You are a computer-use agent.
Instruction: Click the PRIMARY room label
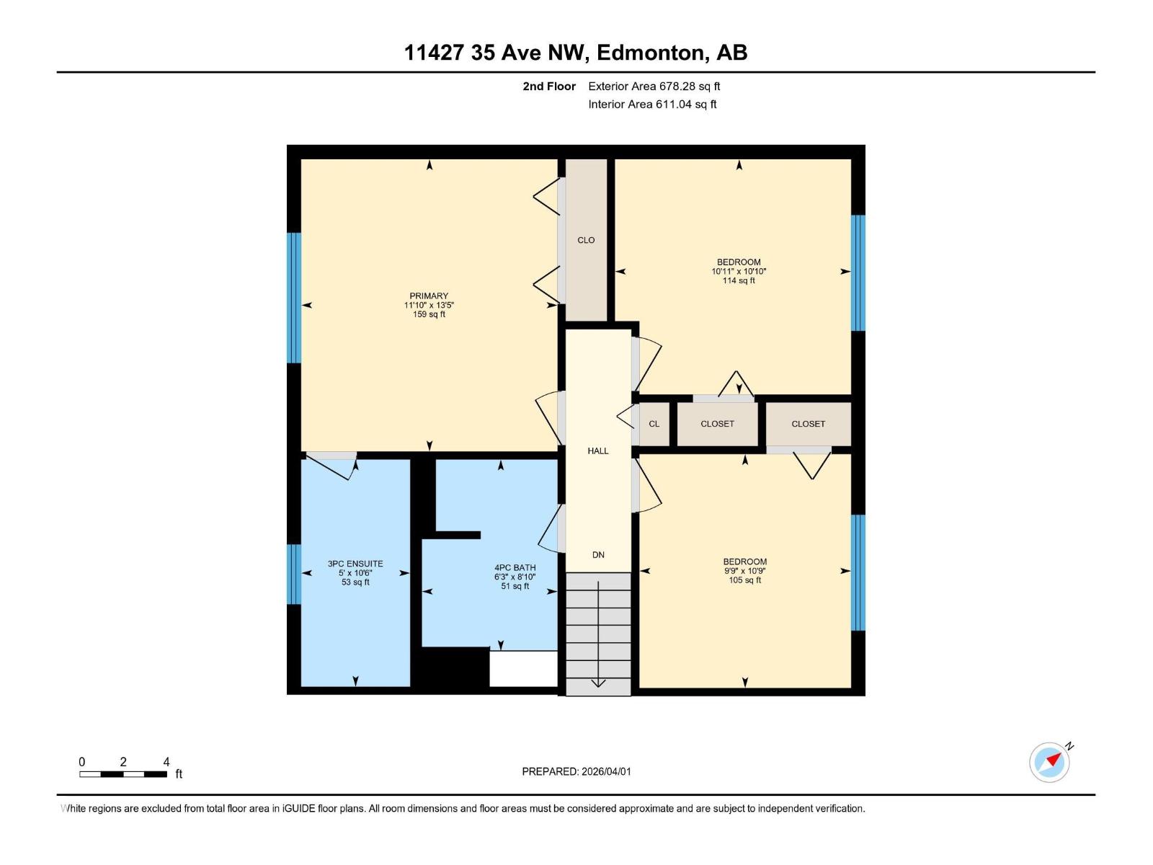point(429,296)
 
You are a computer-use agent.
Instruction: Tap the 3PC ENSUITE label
point(355,564)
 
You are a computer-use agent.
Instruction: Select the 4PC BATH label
point(515,567)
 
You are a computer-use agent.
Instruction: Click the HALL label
point(598,451)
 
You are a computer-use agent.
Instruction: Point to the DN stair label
point(598,554)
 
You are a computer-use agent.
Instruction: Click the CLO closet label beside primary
point(586,240)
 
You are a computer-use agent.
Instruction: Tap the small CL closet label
point(654,424)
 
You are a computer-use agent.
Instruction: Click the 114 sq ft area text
point(739,280)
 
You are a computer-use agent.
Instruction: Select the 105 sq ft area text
point(744,580)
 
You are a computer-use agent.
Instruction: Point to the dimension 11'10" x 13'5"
point(429,305)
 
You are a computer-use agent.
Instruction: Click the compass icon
point(1049,762)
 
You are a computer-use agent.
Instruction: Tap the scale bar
point(123,774)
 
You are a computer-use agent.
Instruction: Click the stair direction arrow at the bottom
point(598,683)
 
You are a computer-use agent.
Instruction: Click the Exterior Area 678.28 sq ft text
point(654,86)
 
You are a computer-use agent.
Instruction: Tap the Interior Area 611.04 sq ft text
point(652,104)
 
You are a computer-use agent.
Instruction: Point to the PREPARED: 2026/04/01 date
point(576,771)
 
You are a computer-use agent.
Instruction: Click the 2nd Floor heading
point(549,86)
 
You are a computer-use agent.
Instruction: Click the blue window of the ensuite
point(293,574)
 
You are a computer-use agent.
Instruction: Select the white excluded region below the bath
point(523,669)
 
